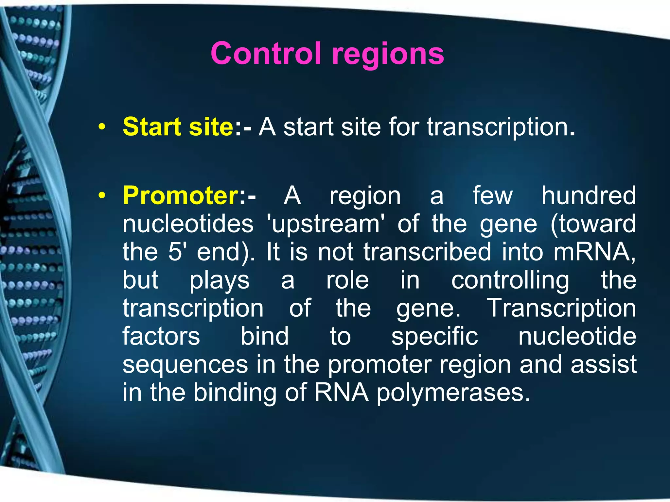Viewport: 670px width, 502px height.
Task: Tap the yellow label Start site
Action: click(178, 127)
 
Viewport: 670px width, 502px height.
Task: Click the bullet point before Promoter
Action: click(102, 196)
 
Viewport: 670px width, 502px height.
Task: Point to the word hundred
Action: click(589, 196)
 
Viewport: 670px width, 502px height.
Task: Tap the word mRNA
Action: click(593, 252)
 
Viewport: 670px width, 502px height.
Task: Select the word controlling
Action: click(510, 280)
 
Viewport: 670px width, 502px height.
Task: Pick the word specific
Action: click(434, 337)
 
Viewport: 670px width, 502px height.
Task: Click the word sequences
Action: click(185, 365)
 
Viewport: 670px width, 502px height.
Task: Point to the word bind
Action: click(265, 336)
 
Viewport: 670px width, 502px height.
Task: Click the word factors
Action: click(161, 336)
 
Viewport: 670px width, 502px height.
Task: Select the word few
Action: click(492, 196)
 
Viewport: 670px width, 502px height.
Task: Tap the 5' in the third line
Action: click(175, 252)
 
